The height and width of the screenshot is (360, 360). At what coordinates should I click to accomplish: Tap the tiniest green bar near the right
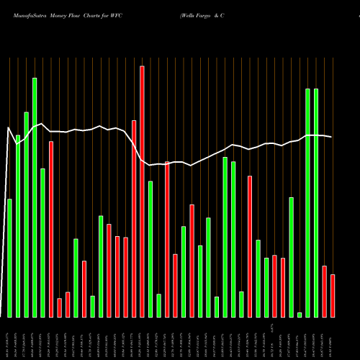point(300,315)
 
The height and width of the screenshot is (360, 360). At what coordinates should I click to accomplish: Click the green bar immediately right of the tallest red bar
point(150,248)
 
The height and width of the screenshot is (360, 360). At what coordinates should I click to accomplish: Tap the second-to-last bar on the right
point(325,291)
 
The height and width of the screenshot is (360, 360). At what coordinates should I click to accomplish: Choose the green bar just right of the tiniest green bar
point(307,202)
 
